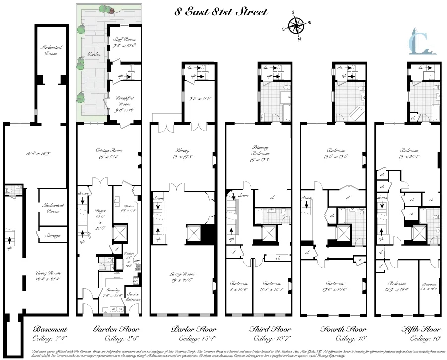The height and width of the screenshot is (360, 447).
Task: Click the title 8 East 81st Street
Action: tap(221, 12)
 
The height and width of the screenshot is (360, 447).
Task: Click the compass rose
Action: tap(298, 26)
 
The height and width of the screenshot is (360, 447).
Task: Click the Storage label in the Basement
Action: tap(52, 236)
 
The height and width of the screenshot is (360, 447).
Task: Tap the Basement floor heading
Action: tap(49, 329)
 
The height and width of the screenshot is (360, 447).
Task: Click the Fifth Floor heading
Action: tap(421, 329)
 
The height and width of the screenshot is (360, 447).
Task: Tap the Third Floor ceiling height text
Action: tap(271, 339)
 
